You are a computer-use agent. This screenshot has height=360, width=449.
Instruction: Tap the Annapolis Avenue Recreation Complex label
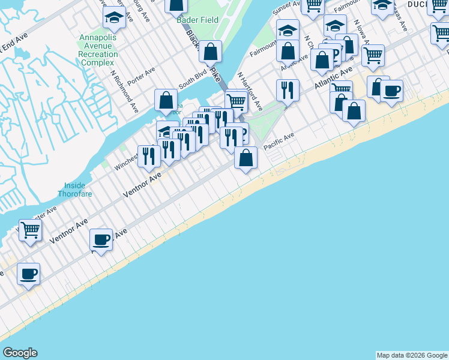click(98, 50)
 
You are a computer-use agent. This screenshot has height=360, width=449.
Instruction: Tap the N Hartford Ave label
click(250, 92)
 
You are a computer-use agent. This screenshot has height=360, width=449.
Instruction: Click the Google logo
click(20, 353)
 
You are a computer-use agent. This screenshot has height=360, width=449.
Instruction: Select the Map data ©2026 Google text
click(412, 355)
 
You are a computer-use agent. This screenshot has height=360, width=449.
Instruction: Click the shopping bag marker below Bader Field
click(210, 52)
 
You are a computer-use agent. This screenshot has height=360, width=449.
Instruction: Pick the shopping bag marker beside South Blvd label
click(166, 100)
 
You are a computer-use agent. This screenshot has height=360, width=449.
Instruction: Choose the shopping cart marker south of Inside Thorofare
click(30, 229)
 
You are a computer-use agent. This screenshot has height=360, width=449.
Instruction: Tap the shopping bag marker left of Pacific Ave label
click(246, 157)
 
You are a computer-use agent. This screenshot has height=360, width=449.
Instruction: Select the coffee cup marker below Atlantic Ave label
click(391, 91)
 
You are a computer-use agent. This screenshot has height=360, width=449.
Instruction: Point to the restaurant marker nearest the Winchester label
click(149, 155)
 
